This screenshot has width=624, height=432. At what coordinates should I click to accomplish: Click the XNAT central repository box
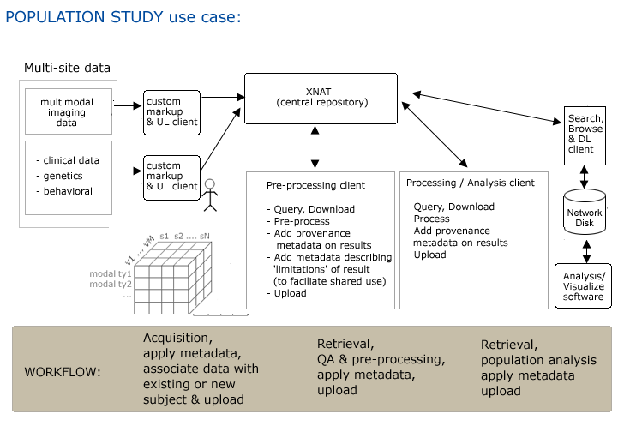(321, 97)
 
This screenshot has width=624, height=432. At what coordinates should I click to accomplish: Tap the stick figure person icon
(210, 196)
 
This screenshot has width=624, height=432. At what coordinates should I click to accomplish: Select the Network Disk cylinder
(584, 213)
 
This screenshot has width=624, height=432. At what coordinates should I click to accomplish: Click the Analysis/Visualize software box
(584, 285)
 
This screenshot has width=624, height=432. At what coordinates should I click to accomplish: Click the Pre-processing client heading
(315, 184)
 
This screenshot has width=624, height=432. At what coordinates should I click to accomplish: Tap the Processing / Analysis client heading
(471, 183)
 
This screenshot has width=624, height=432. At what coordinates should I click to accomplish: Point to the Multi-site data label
(67, 68)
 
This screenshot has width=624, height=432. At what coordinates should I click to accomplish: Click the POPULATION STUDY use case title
(128, 16)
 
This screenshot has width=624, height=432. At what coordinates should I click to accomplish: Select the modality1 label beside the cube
(111, 273)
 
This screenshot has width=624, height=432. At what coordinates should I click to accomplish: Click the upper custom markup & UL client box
(171, 110)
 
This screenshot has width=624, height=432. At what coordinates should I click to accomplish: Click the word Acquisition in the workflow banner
(177, 337)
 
